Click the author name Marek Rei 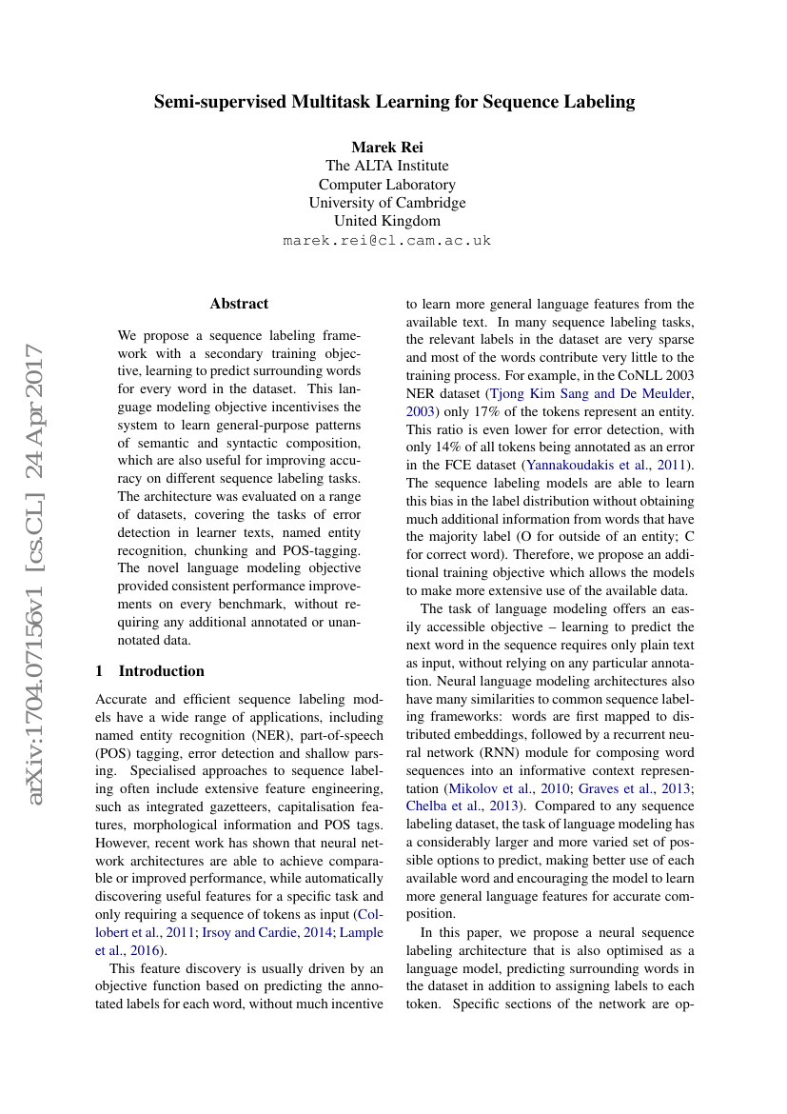coord(387,147)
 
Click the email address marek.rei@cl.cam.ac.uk coord(387,240)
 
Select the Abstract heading coord(239,304)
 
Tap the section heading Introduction coord(161,670)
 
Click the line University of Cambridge coord(387,203)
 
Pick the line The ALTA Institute coord(387,166)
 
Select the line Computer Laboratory coord(387,184)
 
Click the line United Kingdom coord(387,221)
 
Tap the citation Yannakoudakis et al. coord(585,464)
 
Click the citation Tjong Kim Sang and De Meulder coord(591,392)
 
